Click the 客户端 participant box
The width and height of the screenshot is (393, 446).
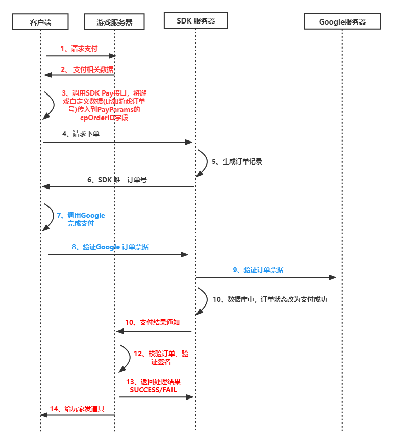click(x=41, y=21)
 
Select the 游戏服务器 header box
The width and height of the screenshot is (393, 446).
click(x=114, y=21)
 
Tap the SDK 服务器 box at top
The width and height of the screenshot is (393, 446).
click(x=195, y=21)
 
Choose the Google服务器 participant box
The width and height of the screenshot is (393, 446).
click(x=342, y=21)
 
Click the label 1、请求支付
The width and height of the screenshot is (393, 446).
click(x=79, y=49)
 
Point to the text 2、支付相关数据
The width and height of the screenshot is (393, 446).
click(x=87, y=69)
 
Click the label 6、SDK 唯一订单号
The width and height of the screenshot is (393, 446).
click(x=117, y=179)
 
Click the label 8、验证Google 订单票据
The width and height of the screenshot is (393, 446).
click(x=110, y=247)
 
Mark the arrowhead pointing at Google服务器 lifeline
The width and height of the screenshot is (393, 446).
click(x=333, y=277)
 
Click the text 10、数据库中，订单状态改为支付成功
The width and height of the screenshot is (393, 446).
click(x=269, y=299)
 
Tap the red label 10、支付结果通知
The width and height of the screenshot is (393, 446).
click(x=152, y=323)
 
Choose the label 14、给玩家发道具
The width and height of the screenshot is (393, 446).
click(x=77, y=409)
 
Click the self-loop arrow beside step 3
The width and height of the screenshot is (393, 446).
click(x=50, y=105)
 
